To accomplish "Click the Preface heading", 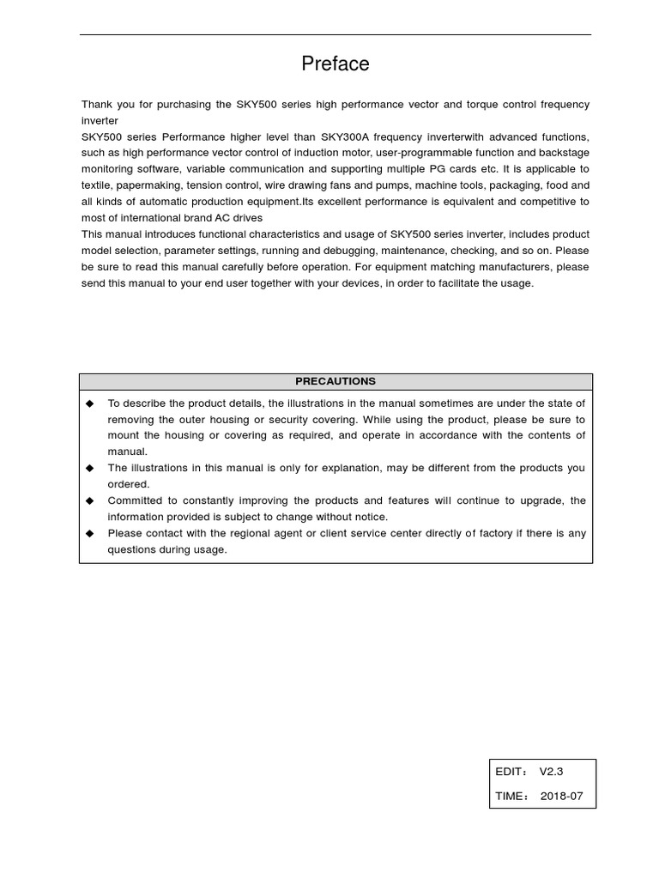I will tap(335, 64).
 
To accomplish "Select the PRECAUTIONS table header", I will tap(336, 381).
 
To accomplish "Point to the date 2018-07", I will tap(561, 796).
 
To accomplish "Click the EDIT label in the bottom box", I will tap(511, 772).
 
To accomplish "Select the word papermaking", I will tap(145, 185).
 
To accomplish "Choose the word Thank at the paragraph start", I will tap(97, 105).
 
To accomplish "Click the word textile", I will tap(97, 185).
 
